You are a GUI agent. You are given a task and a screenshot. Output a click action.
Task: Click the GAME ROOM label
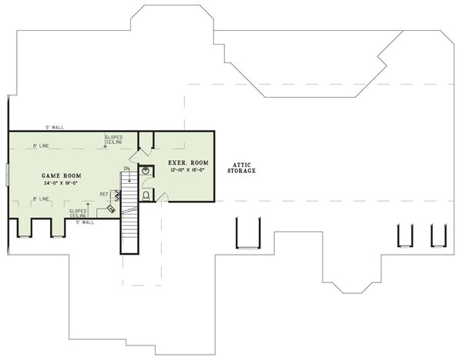coord(58,175)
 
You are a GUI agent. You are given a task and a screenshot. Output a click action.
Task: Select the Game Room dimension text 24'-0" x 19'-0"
coord(58,184)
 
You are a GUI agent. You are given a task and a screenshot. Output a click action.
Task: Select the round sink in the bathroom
coord(144,172)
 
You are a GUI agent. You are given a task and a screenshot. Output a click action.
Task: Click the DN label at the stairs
coord(126,168)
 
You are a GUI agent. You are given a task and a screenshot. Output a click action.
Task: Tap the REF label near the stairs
coord(104,194)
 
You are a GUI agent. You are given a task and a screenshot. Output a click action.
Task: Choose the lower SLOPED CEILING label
coord(78,212)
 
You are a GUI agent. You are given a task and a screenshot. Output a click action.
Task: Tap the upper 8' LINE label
coord(42,145)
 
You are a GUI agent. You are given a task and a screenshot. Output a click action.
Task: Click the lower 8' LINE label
coord(41,199)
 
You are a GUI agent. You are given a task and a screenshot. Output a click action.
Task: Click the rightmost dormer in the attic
coord(439,235)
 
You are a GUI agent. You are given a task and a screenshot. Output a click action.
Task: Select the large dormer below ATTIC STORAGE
coord(249,232)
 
